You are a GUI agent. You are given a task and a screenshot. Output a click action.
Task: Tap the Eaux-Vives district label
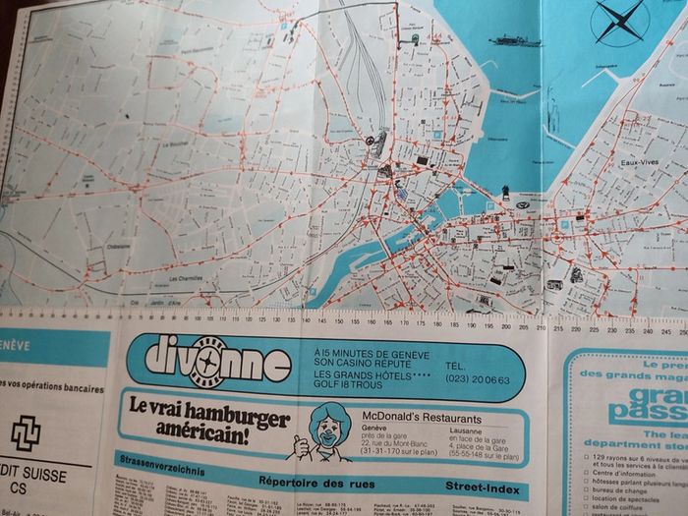tap(639, 162)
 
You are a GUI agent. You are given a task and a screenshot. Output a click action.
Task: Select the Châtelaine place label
tap(119, 247)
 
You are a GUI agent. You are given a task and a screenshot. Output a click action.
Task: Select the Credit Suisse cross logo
tap(26, 432)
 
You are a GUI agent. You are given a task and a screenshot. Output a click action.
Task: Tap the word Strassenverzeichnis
tap(158, 459)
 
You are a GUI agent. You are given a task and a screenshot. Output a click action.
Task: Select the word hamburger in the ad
tap(242, 418)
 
